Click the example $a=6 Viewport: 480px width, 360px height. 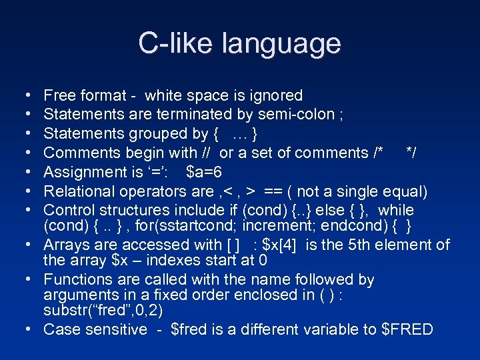coord(204,172)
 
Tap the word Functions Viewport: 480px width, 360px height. coord(75,279)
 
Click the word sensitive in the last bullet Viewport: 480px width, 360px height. coord(116,329)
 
